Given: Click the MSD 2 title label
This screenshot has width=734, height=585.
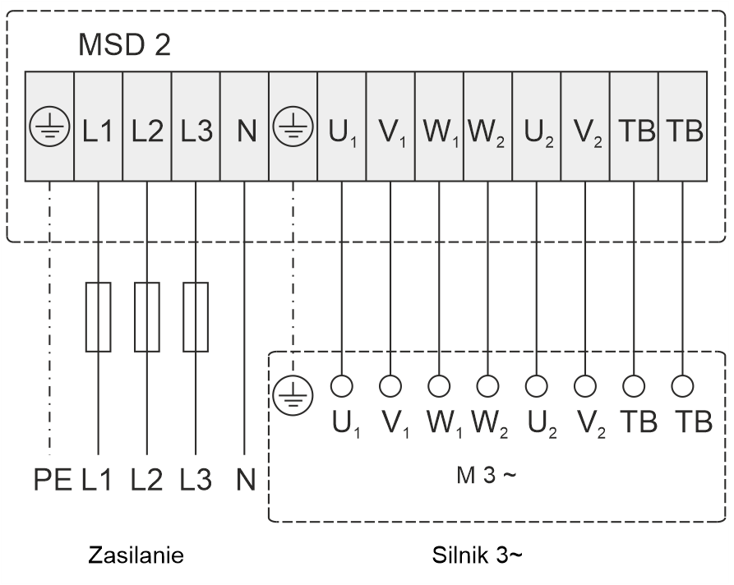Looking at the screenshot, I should click(125, 46).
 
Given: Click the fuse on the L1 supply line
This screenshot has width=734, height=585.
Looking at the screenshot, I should click(98, 317).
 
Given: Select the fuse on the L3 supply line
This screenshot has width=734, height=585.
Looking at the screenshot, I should click(196, 317).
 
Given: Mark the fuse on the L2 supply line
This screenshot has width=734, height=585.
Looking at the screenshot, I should click(146, 317).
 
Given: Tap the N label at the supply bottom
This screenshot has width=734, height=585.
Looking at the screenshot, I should click(245, 479).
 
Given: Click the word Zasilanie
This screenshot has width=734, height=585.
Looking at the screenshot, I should click(136, 556).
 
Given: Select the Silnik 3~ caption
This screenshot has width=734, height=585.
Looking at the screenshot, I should click(477, 556).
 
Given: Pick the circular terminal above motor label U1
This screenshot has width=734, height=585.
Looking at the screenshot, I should click(342, 385).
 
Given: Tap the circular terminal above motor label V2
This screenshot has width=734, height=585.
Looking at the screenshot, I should click(584, 385).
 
